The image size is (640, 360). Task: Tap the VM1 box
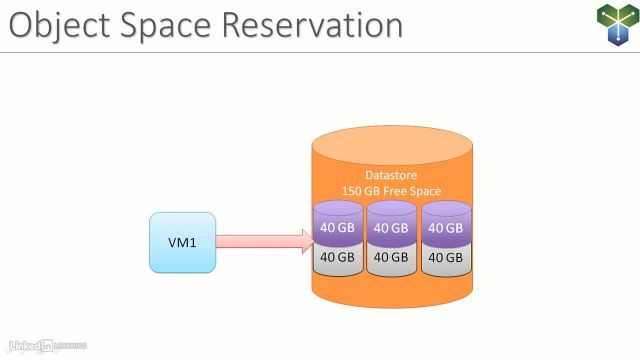tap(182, 242)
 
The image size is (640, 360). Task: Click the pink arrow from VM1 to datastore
tap(255, 242)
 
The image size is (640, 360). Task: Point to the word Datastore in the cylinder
tap(390, 175)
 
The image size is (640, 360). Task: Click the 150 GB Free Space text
tap(390, 191)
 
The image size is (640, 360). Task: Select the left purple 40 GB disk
tap(337, 226)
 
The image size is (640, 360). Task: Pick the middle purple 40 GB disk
tap(391, 226)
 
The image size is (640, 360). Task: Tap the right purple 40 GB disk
tap(445, 226)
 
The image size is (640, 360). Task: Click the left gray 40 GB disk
tap(337, 258)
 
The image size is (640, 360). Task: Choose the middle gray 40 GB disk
tap(391, 258)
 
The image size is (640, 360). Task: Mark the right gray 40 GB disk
tap(445, 258)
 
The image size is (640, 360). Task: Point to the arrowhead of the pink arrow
tap(304, 242)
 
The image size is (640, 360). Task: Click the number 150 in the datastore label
tap(352, 191)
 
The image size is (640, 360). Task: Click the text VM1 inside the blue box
tap(182, 242)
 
